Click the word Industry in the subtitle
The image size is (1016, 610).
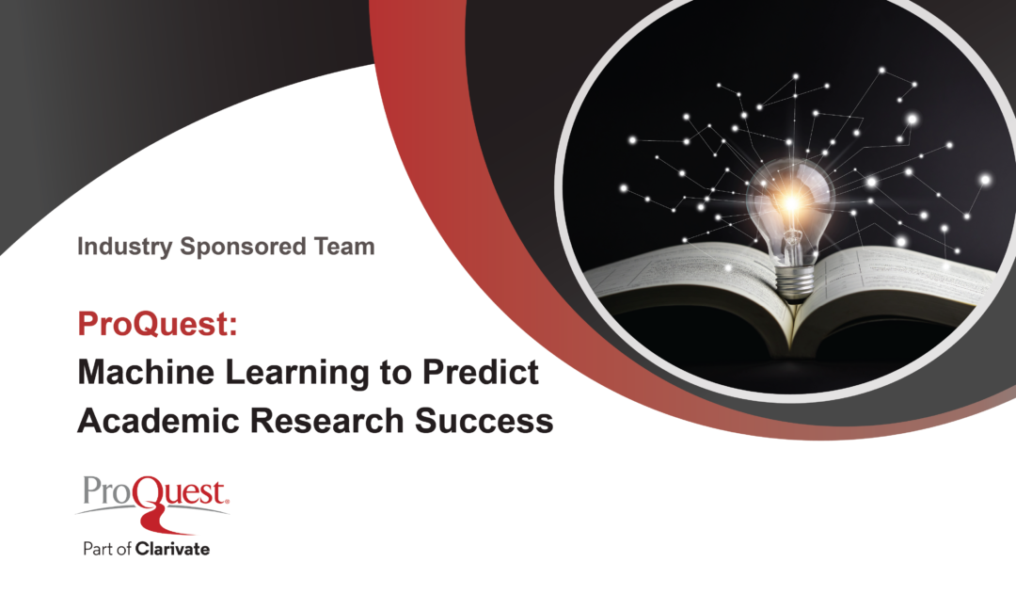pyautogui.click(x=124, y=247)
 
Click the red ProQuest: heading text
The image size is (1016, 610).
pyautogui.click(x=157, y=323)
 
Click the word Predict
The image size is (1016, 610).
pyautogui.click(x=481, y=372)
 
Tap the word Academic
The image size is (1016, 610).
pyautogui.click(x=159, y=420)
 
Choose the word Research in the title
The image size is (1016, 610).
pyautogui.click(x=327, y=420)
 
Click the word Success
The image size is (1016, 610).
pyautogui.click(x=484, y=420)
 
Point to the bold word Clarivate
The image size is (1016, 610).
pyautogui.click(x=172, y=549)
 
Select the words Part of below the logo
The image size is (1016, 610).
pyautogui.click(x=107, y=549)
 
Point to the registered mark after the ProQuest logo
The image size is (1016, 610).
pyautogui.click(x=226, y=501)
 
